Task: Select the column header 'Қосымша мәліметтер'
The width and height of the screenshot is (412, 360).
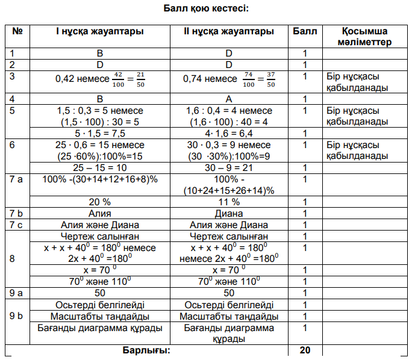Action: tap(364, 36)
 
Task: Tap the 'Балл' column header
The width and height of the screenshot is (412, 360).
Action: tap(305, 31)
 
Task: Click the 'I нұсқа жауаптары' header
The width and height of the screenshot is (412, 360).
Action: tap(99, 31)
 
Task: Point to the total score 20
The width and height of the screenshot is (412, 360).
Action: tap(305, 350)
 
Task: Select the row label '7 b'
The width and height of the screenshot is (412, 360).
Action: tap(17, 213)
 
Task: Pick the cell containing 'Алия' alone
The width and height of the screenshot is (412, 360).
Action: tap(99, 213)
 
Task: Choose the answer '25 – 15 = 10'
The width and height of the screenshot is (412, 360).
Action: tap(99, 167)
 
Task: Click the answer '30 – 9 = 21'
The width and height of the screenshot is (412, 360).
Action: tap(228, 167)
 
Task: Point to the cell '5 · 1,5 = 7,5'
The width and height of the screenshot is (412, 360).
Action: tap(99, 133)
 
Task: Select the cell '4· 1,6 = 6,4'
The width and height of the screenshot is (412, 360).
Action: tap(228, 133)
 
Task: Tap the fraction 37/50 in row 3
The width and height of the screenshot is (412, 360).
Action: tap(270, 79)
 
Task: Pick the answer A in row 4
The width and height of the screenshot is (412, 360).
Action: tap(228, 99)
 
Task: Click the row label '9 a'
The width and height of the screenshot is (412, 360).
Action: tap(17, 293)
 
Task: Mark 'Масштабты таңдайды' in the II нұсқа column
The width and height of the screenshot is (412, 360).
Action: tap(228, 316)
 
